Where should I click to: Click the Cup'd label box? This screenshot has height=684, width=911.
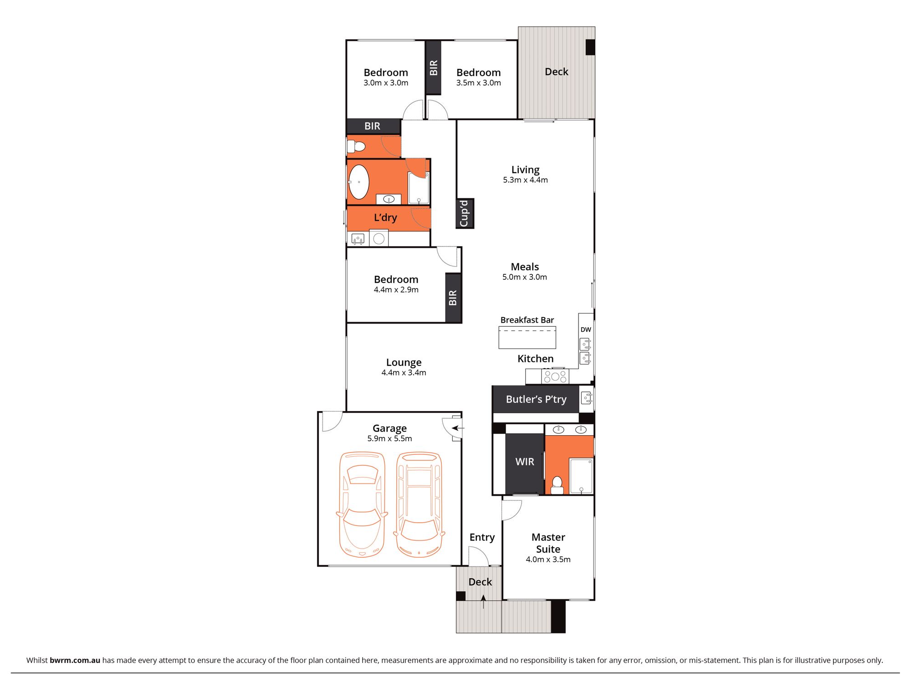pos(464,213)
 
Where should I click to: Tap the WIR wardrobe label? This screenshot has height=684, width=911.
pos(524,462)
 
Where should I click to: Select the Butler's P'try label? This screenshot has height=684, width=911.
pos(536,399)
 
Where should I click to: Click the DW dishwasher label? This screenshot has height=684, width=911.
pos(586,329)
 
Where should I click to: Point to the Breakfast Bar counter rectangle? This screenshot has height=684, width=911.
pos(527,338)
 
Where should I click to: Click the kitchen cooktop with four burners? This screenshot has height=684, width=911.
pos(555,376)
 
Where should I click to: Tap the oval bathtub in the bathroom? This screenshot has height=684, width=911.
pos(359,182)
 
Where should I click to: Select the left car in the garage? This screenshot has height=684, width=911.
pos(362,504)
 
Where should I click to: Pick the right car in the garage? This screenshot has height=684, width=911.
pos(419,504)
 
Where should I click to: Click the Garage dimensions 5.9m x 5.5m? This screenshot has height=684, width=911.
pos(389,438)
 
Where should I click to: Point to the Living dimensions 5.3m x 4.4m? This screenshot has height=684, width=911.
pos(525,180)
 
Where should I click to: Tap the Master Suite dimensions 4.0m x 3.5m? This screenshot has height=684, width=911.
pos(548,560)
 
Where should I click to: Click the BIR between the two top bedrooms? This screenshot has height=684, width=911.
pos(433,67)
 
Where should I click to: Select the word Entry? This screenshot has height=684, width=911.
pos(482,537)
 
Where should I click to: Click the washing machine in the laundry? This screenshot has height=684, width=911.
pos(379,238)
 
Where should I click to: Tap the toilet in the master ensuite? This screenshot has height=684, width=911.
pos(557,485)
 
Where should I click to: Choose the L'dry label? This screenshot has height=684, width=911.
pos(385,218)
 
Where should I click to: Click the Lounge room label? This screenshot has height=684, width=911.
pos(404,362)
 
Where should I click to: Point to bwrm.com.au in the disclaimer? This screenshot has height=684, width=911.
pos(75,660)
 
